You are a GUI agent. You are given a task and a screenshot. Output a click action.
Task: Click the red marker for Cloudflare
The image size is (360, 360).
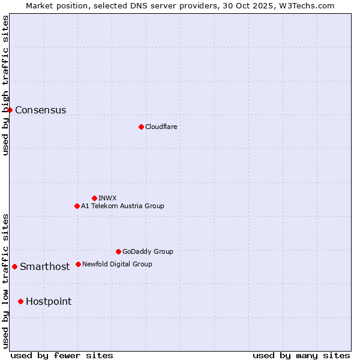141,127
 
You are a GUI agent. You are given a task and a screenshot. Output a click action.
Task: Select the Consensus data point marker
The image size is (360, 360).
10,110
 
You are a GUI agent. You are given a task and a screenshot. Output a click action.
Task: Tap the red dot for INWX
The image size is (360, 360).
94,198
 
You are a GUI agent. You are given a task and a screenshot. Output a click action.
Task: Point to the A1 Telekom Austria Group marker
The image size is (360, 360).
77,206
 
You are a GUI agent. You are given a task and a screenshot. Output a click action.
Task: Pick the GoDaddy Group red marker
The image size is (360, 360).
118,251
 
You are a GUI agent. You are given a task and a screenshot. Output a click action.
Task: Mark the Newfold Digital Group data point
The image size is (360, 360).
78,264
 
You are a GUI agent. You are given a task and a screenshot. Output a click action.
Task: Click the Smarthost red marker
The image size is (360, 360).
14,266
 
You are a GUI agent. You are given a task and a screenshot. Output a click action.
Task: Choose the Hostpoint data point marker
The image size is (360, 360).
20,301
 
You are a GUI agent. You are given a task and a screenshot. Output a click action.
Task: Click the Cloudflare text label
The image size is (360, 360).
161,127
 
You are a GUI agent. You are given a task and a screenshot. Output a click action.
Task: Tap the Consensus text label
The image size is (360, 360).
40,110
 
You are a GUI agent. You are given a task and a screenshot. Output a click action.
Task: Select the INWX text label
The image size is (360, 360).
107,198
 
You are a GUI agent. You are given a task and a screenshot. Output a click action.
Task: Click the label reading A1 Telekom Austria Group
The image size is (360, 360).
122,206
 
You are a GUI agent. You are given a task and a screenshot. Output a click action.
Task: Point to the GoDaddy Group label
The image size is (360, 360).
148,251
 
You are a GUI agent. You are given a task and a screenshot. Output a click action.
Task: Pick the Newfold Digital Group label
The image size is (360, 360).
117,264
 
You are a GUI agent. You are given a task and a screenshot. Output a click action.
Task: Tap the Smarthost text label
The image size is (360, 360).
44,266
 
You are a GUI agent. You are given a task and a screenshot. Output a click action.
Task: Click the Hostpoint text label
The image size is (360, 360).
48,301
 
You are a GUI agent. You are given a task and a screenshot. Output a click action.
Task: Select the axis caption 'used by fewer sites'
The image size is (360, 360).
62,355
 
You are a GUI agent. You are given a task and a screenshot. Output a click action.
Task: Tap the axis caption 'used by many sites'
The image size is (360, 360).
301,355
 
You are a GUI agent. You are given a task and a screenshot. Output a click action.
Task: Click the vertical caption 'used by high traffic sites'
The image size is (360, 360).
5,85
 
